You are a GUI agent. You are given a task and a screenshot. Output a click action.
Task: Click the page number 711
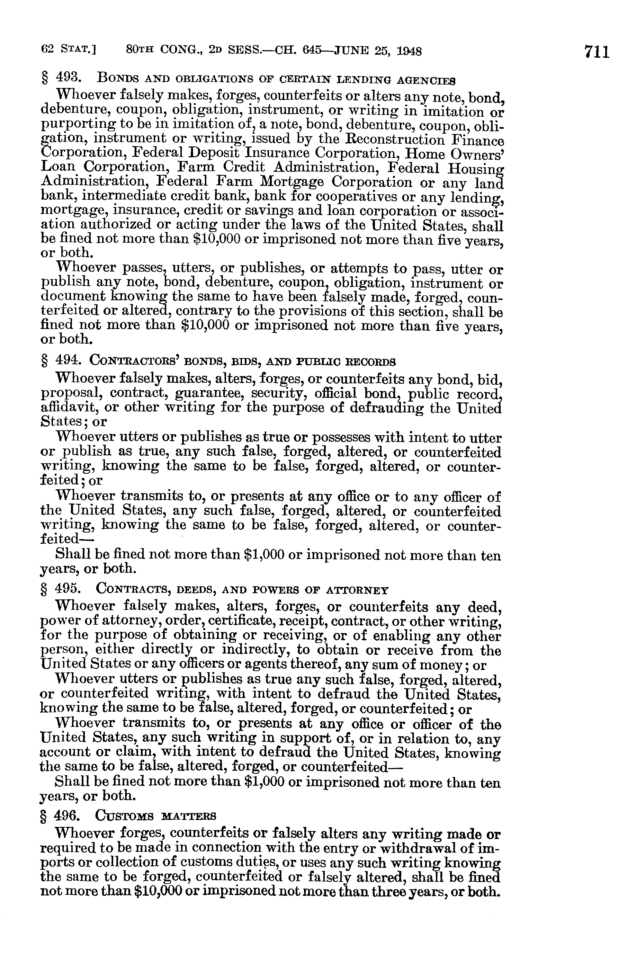pyautogui.click(x=597, y=53)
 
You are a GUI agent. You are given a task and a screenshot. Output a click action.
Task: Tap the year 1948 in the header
pyautogui.click(x=409, y=51)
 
